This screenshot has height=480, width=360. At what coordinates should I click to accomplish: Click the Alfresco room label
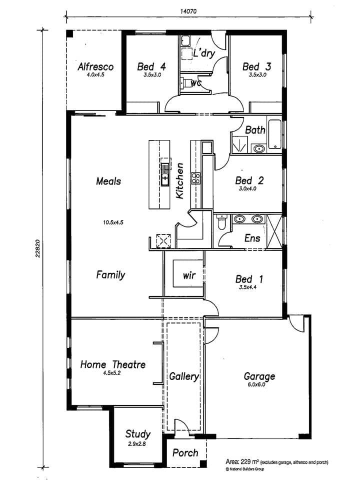coord(95,66)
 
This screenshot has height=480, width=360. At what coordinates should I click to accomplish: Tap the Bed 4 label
coord(151,66)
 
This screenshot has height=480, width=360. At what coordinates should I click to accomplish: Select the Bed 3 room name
coord(257,66)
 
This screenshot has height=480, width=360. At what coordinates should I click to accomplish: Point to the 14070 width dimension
coord(188,11)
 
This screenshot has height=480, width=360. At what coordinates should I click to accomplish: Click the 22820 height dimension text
coord(37,248)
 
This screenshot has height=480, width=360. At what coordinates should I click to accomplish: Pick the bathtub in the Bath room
coord(275,134)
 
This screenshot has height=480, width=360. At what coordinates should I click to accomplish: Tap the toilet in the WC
coord(185,82)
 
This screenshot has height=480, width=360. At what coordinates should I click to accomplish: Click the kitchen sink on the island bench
coord(165,174)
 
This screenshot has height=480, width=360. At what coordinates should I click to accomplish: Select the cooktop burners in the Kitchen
coord(195,178)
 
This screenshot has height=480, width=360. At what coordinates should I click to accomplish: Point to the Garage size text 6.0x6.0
coord(256,384)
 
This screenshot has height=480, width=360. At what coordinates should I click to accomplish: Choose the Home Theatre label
coord(113,364)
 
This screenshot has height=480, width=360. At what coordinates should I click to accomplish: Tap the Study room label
coord(138,434)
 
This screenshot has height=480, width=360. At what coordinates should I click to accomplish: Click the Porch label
coord(185,453)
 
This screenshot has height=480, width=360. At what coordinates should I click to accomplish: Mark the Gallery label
coord(184,376)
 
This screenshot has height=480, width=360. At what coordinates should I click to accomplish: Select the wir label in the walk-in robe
coord(189,275)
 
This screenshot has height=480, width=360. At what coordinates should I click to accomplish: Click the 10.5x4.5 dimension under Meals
coord(113,222)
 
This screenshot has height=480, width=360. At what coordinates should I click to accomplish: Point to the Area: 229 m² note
coord(276,462)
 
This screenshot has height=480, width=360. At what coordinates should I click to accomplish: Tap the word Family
coord(110,275)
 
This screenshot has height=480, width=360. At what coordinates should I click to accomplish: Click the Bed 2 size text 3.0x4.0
coord(247,189)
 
